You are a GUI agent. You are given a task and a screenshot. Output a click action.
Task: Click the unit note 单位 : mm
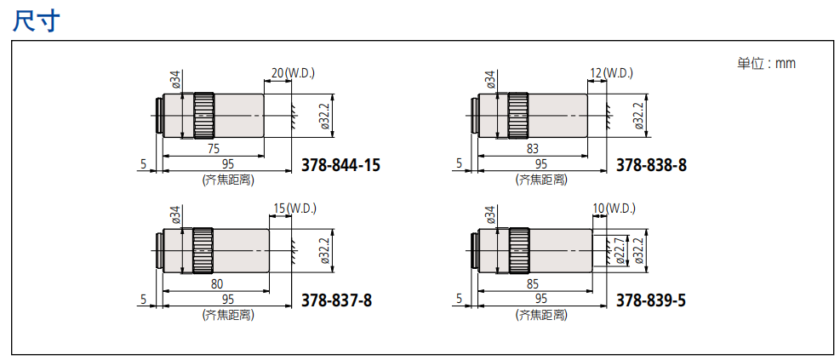767,63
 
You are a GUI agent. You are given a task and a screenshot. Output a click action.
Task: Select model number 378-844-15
341,165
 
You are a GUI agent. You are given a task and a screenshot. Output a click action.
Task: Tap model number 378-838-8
651,165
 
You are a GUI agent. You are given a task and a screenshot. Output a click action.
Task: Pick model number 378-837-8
336,300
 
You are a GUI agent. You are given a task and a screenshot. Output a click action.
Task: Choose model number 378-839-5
651,300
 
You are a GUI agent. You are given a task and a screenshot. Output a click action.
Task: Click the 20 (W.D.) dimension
293,73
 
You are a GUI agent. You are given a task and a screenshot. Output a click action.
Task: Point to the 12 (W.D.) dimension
611,73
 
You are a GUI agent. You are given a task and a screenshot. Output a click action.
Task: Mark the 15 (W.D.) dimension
294,208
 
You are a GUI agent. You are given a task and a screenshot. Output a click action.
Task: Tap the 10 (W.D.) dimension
614,208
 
